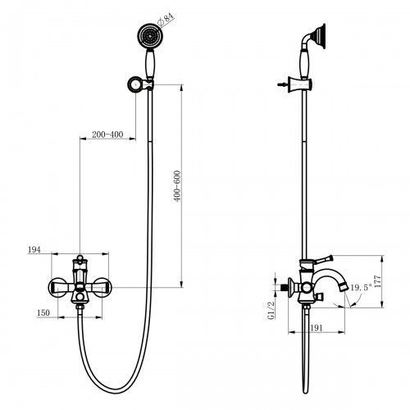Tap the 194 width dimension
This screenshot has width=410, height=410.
pos(34,248)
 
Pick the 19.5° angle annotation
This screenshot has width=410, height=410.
pos(358,289)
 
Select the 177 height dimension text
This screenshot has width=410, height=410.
pos(380,280)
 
